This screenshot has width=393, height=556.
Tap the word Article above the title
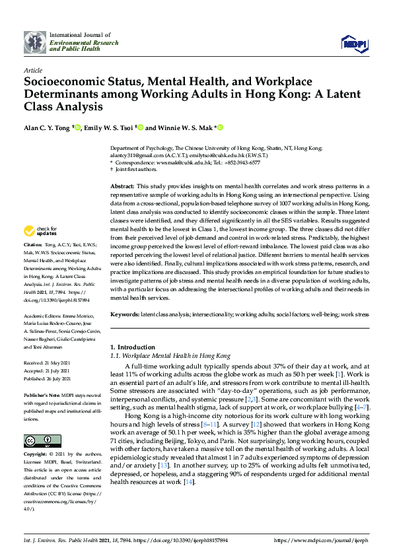coord(32,70)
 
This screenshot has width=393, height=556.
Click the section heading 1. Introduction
coord(135,347)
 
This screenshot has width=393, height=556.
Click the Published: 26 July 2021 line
coord(50,379)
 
